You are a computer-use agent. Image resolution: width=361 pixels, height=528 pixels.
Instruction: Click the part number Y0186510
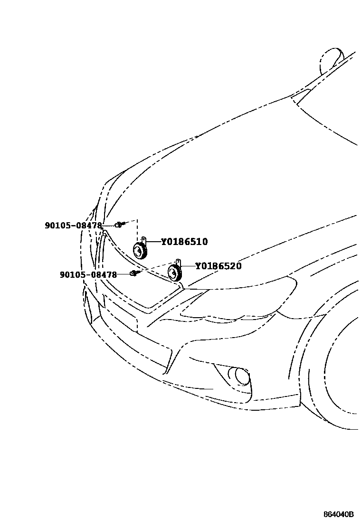click(x=184, y=242)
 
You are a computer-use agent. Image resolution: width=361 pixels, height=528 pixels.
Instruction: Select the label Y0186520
click(x=218, y=266)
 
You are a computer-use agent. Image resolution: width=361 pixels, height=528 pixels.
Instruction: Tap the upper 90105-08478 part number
click(x=73, y=226)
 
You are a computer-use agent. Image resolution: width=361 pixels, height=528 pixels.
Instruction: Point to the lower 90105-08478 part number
click(x=88, y=274)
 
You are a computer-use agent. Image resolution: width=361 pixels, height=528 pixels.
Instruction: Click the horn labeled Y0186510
click(x=139, y=250)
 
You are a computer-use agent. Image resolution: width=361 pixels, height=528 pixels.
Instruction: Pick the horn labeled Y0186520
click(x=175, y=273)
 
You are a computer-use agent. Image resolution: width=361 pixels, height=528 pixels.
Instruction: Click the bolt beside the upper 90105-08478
click(x=119, y=224)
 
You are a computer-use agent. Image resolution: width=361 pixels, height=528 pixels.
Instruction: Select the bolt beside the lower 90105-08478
click(x=134, y=273)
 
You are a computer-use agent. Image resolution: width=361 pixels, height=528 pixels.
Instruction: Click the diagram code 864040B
click(x=339, y=515)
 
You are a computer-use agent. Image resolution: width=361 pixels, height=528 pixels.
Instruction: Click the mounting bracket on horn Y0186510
click(x=143, y=240)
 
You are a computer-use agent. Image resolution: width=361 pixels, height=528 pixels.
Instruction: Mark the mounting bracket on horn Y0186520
click(x=178, y=262)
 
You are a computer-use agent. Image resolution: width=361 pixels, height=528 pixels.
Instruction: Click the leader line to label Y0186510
click(x=153, y=242)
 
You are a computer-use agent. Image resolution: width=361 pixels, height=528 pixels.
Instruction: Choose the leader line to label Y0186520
click(x=188, y=266)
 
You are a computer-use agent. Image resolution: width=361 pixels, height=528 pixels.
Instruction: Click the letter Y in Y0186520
click(x=198, y=266)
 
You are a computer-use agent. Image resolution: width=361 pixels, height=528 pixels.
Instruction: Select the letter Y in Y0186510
click(x=164, y=242)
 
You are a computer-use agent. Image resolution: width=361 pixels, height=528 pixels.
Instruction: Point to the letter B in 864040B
click(x=351, y=515)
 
